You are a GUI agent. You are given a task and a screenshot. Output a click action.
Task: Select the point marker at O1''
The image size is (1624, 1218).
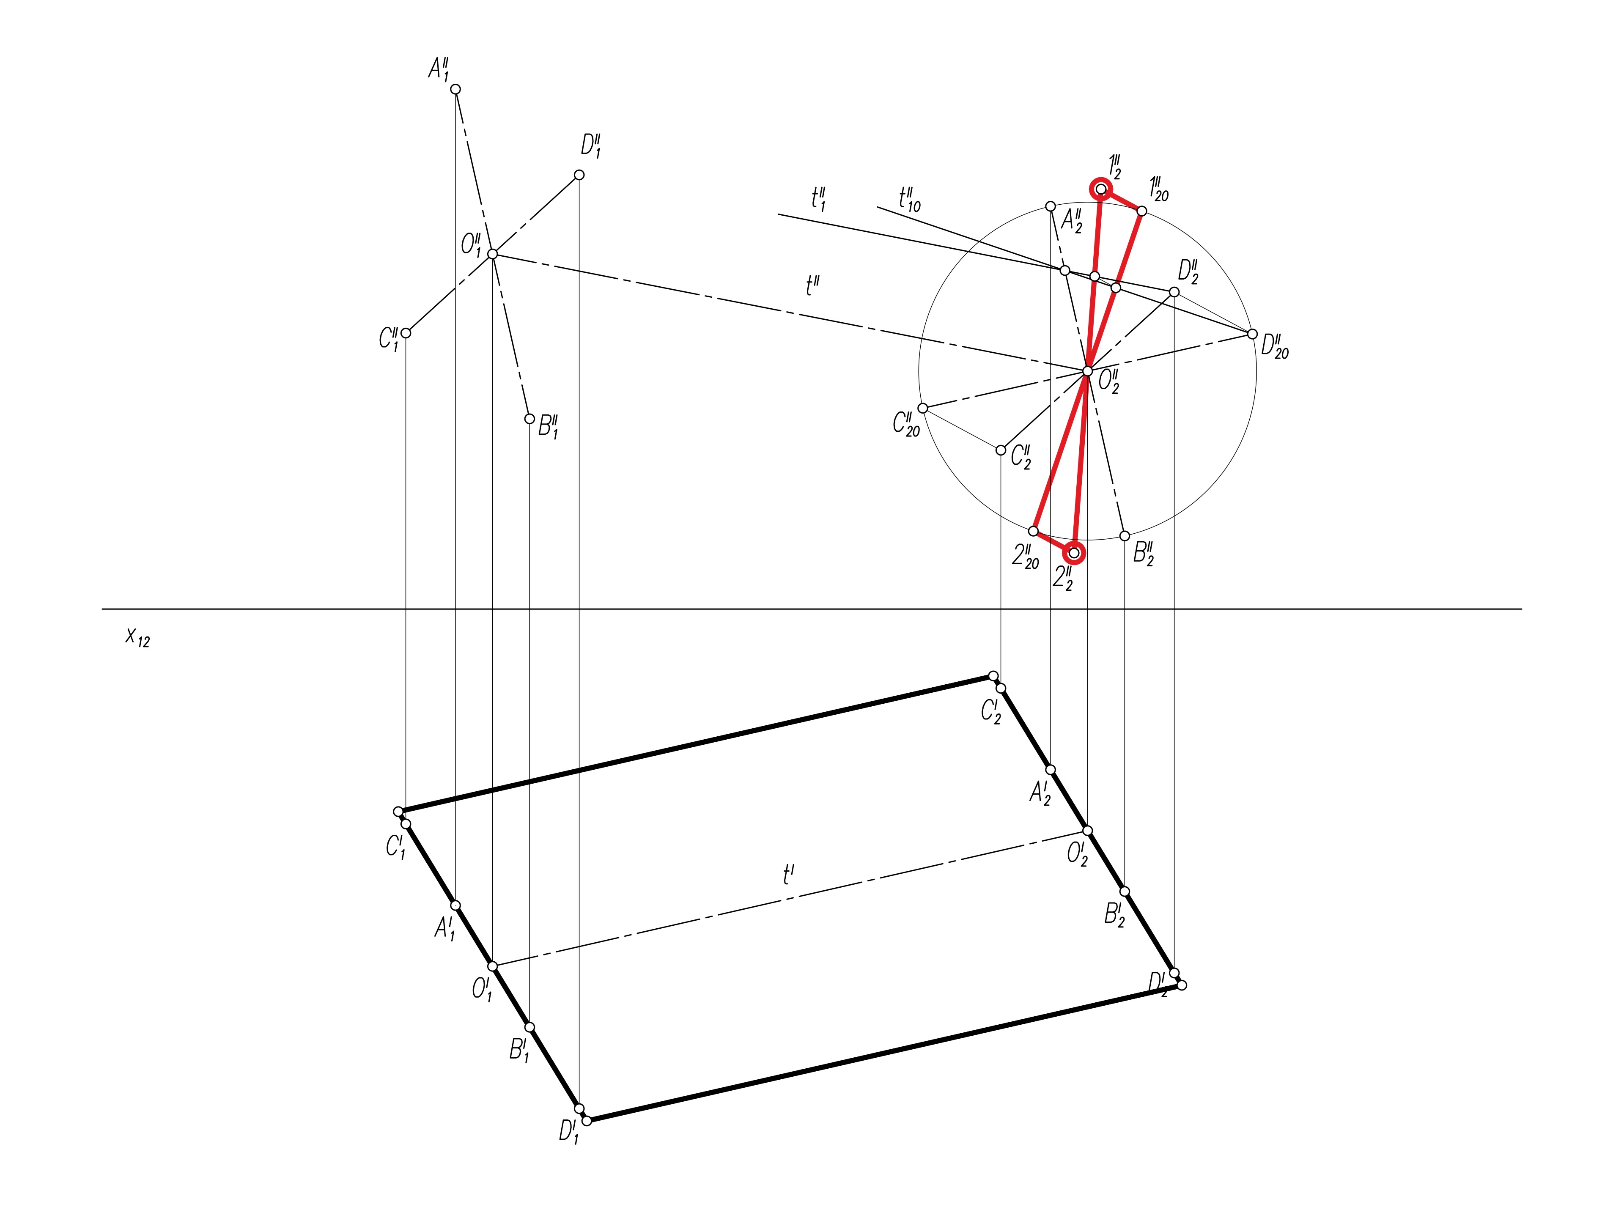[x=493, y=254]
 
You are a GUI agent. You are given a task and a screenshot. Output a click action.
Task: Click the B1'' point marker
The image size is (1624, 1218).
[x=529, y=419]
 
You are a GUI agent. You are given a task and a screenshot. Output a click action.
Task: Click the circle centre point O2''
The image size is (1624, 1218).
[x=1087, y=371]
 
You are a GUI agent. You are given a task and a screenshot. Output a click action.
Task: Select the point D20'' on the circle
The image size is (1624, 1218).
[x=1253, y=334]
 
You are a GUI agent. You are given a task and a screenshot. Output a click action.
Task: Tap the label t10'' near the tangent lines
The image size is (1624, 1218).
[x=909, y=198]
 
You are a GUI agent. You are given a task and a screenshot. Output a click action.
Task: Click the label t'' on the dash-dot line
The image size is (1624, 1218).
[x=812, y=285]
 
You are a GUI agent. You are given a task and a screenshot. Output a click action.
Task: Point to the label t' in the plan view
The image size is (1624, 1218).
[x=788, y=875]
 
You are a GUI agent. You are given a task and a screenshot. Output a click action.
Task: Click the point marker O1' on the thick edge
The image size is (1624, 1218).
[x=493, y=966]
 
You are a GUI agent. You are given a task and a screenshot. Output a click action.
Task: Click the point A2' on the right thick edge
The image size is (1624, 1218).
[x=1051, y=769]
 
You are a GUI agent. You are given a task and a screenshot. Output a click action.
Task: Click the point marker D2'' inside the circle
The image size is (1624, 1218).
[x=1174, y=292]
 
